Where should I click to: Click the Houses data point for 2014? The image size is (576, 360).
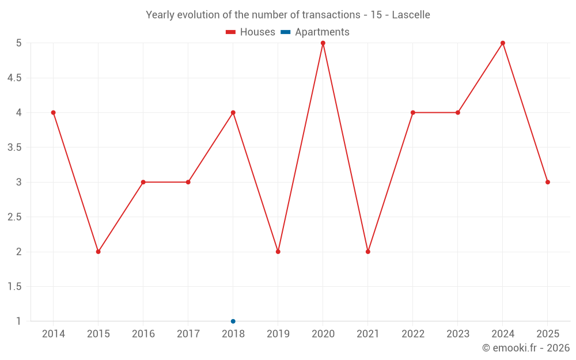click(x=54, y=112)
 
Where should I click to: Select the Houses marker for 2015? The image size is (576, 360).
click(x=98, y=252)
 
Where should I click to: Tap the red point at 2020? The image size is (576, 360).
click(x=323, y=43)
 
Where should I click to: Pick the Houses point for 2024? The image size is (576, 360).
click(x=503, y=43)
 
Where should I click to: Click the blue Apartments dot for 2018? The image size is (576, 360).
click(x=233, y=321)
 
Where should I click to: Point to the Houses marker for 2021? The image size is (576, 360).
click(x=368, y=252)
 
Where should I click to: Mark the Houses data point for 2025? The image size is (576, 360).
click(x=548, y=182)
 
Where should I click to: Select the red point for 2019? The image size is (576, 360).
click(x=278, y=252)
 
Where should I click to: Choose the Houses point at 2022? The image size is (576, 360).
click(x=413, y=112)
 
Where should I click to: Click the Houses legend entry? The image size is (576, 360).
click(x=251, y=32)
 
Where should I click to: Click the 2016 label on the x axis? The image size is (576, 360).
click(x=143, y=334)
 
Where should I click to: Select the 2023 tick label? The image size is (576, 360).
click(x=458, y=334)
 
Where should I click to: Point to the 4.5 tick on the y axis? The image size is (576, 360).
click(x=14, y=78)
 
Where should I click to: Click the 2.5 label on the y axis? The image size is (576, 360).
click(x=14, y=217)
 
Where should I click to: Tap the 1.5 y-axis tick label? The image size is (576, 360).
click(x=14, y=287)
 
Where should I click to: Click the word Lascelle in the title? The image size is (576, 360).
click(x=411, y=15)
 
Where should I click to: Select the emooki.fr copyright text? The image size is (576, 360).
click(x=526, y=348)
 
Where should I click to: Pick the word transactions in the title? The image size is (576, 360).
click(x=335, y=15)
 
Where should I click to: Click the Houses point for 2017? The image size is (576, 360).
click(x=188, y=182)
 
